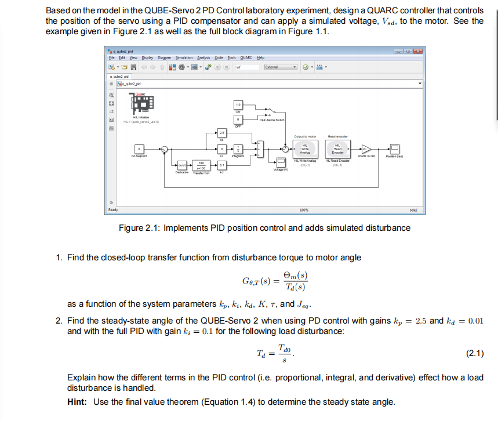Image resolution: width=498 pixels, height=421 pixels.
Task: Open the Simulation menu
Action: [x=184, y=58]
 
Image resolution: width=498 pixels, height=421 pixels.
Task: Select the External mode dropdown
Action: [x=281, y=67]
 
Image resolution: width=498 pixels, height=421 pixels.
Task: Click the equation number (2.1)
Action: [x=475, y=353]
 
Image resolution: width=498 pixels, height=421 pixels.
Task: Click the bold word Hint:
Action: [x=79, y=402]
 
